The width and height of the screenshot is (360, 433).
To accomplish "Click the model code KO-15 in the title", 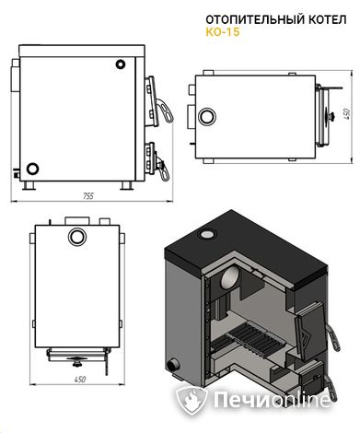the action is coord(223,32).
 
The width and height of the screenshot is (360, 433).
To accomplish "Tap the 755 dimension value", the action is coord(87,196).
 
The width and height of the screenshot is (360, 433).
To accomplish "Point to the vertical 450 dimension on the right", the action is coord(347,114).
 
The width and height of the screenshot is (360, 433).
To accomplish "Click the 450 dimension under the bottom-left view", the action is coord(80,380).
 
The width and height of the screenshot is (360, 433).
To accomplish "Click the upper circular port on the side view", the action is coord(121,64).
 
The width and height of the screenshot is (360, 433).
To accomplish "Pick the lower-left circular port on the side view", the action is coord(32,169).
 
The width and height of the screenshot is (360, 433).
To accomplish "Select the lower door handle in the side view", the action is coord(163,171).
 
